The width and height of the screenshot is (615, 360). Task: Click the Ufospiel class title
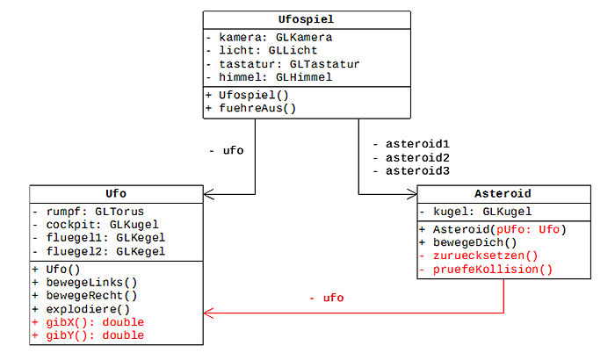(306, 18)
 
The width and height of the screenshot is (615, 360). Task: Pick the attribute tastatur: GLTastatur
(282, 64)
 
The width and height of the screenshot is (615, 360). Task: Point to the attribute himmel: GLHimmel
(268, 77)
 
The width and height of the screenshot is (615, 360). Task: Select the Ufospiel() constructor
(250, 95)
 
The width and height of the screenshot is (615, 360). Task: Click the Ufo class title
(117, 193)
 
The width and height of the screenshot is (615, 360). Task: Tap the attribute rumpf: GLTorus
(88, 212)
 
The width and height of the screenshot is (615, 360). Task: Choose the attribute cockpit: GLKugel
(95, 225)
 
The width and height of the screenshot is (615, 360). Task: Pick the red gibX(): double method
(87, 322)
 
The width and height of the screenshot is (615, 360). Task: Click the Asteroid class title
(503, 193)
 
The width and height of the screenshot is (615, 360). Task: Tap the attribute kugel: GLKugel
(475, 212)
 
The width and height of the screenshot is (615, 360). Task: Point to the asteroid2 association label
(411, 156)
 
